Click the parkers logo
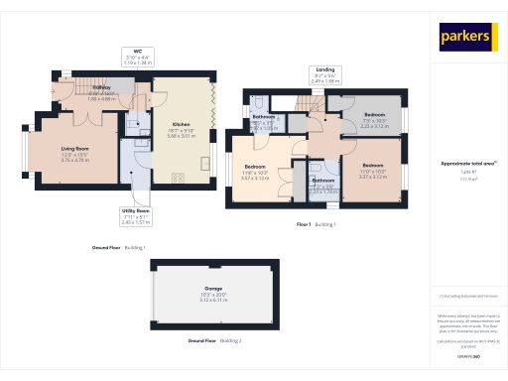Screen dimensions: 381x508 [466, 36]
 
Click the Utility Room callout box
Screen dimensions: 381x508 [136, 215]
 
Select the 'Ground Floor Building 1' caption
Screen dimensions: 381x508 [119, 246]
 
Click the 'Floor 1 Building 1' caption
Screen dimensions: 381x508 [317, 225]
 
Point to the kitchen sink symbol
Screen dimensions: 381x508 [205, 163]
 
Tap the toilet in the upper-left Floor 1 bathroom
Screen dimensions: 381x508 [257, 102]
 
